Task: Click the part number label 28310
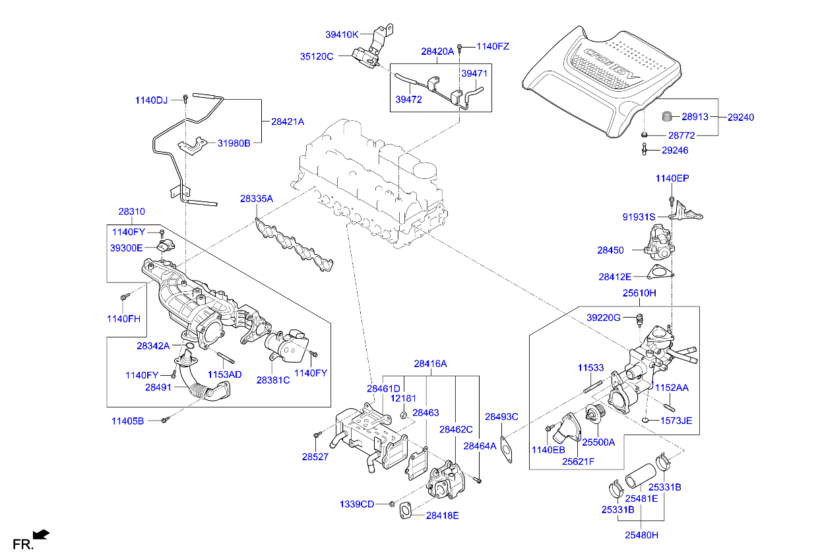[x=131, y=212]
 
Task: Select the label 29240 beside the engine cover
[x=741, y=118]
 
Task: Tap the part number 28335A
[x=256, y=198]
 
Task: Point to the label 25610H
[x=639, y=293]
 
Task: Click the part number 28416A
[x=430, y=363]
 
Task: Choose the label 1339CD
[x=357, y=504]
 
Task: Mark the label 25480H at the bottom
[x=642, y=535]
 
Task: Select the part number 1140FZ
[x=493, y=46]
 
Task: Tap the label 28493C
[x=501, y=417]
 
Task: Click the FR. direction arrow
[x=42, y=534]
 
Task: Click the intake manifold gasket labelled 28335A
[x=294, y=245]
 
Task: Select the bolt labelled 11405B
[x=166, y=419]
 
